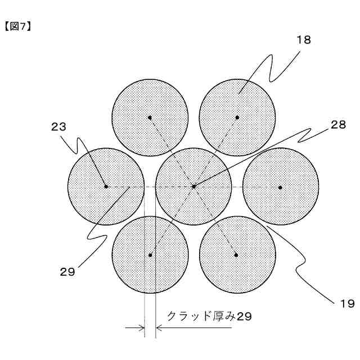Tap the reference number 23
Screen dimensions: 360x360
click(x=58, y=127)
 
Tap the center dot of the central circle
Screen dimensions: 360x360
click(x=193, y=186)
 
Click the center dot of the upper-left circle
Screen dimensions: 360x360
click(x=150, y=117)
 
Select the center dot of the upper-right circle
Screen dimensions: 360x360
click(x=237, y=117)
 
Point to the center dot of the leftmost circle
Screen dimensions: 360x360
click(x=105, y=186)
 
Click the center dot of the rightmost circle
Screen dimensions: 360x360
click(x=280, y=186)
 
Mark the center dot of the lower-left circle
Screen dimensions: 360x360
click(x=150, y=255)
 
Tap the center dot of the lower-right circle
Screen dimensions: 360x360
click(x=237, y=255)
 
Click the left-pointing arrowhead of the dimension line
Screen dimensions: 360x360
click(x=159, y=327)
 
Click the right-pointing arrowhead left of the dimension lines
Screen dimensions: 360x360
click(x=141, y=327)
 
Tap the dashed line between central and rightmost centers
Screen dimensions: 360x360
click(x=236, y=186)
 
